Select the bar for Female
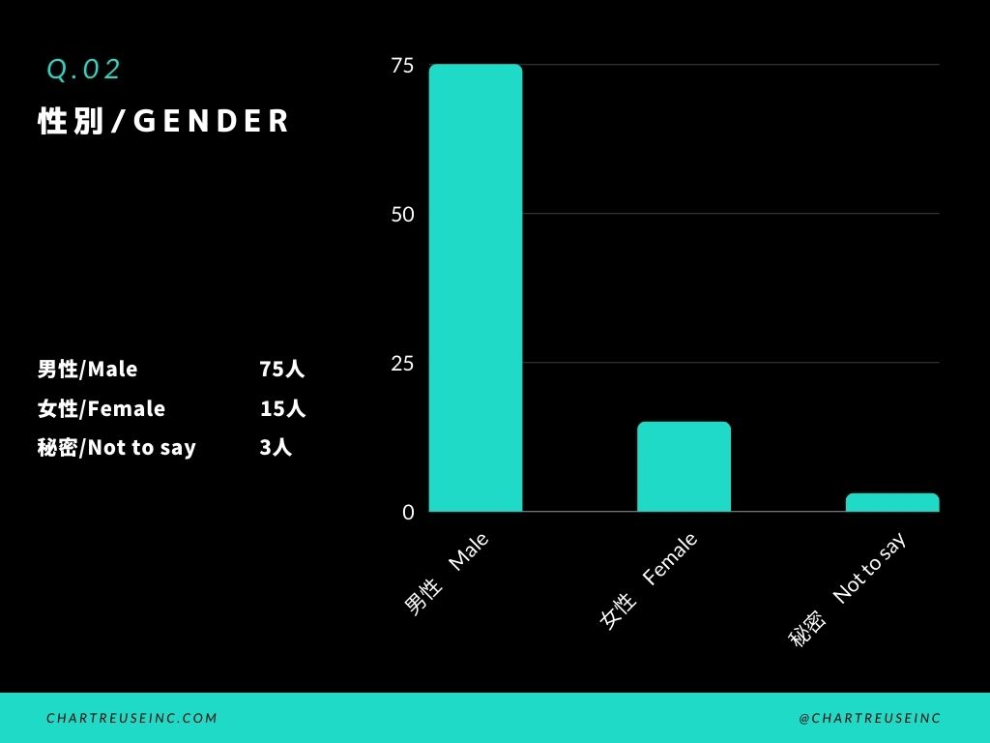(684, 466)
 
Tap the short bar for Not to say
(892, 502)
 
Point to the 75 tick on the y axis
(402, 66)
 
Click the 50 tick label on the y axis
(402, 214)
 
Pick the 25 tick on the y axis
(402, 363)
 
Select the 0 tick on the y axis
(408, 512)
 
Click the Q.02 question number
(84, 70)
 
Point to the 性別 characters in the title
(71, 121)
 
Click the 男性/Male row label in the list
(87, 370)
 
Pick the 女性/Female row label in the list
(101, 409)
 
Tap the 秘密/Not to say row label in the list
(116, 448)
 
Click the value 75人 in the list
(281, 370)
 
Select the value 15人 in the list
(281, 409)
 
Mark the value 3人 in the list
(276, 448)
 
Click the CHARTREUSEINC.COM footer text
(132, 718)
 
